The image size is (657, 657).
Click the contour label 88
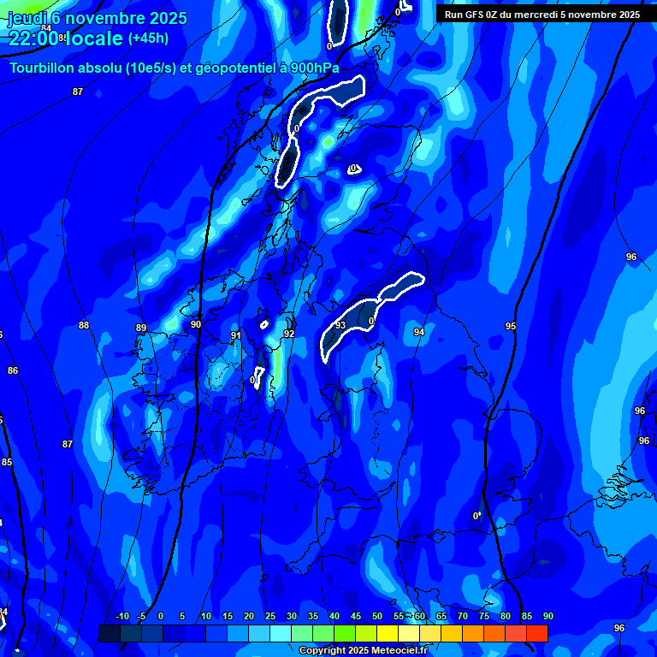tap(83, 325)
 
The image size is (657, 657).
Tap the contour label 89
tap(141, 328)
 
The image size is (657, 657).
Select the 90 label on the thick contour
tap(196, 324)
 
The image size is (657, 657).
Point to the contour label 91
tap(236, 335)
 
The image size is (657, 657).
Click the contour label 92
tap(289, 334)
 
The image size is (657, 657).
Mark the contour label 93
tap(340, 325)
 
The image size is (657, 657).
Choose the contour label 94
tap(419, 332)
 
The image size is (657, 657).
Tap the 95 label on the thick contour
tap(511, 326)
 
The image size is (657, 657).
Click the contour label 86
tap(12, 370)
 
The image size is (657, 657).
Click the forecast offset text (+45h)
tap(148, 38)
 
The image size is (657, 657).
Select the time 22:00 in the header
tap(33, 38)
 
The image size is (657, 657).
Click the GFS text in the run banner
tap(473, 15)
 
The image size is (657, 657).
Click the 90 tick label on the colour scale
tap(547, 617)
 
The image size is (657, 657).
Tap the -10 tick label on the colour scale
tap(122, 617)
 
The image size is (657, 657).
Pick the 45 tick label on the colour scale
tap(355, 617)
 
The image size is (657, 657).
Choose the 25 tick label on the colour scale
tap(269, 617)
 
